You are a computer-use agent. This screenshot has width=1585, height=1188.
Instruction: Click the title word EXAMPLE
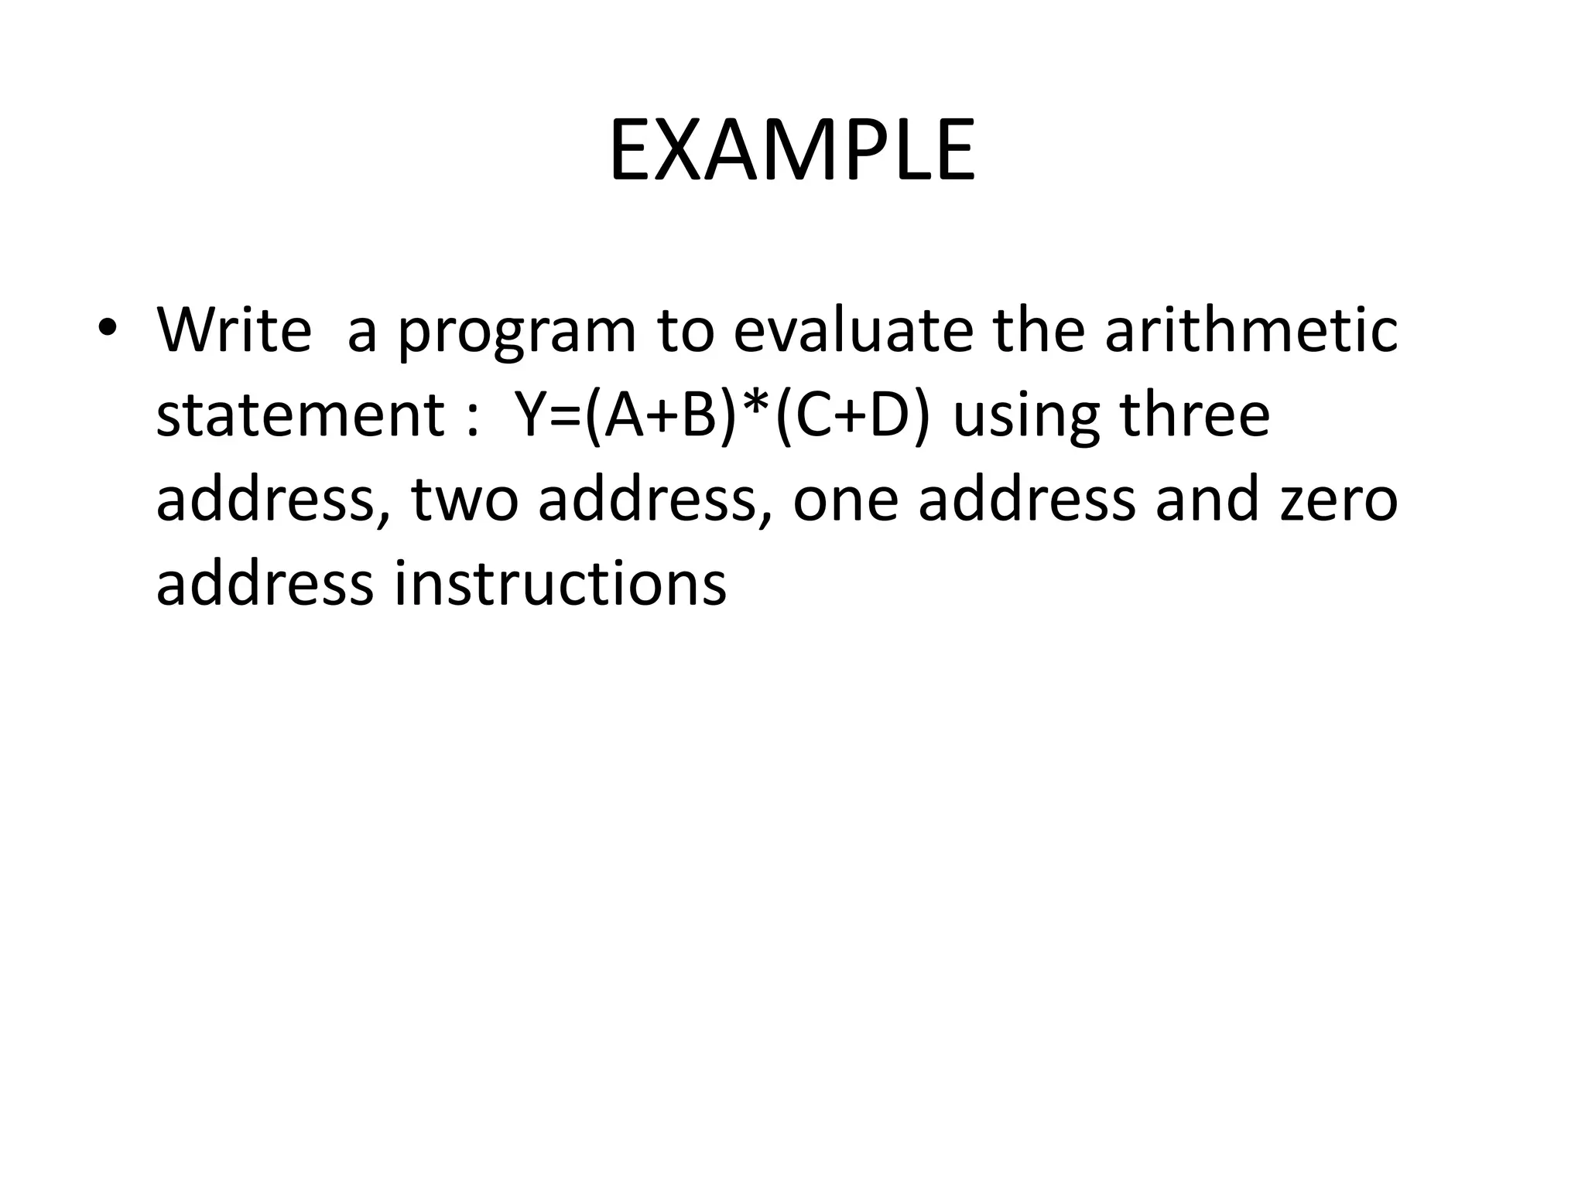tap(792, 151)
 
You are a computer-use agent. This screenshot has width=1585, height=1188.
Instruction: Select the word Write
tap(234, 330)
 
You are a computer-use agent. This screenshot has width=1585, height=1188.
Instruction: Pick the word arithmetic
tap(1251, 330)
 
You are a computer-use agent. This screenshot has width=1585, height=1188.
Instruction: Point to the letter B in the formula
tap(698, 415)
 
